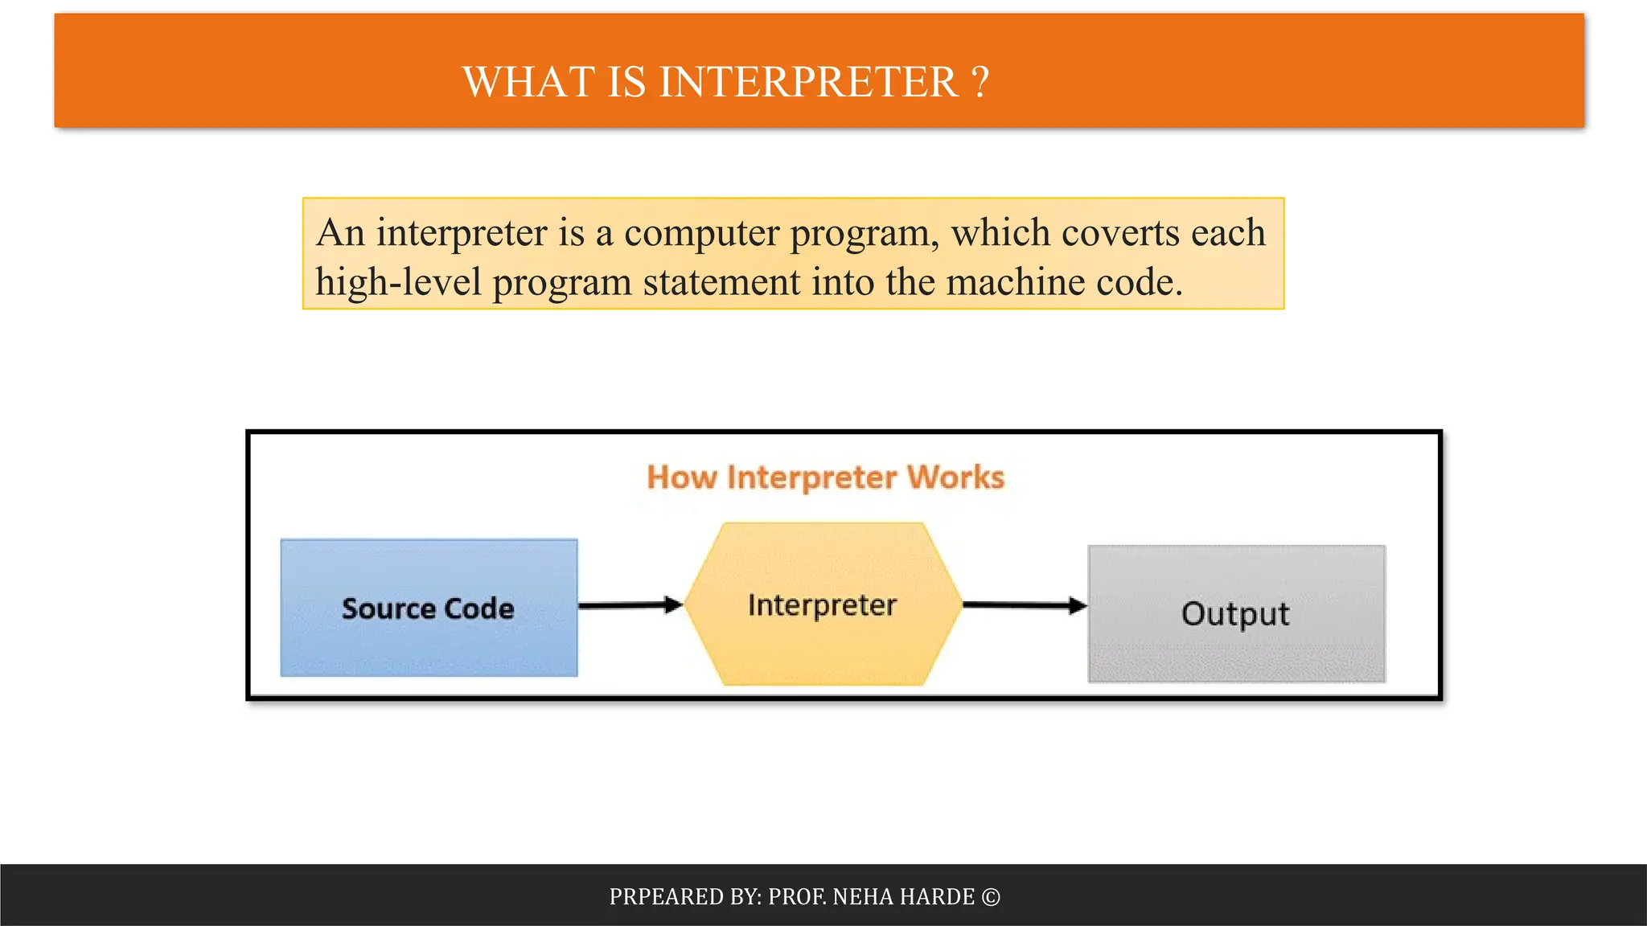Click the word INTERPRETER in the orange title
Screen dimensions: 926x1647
pos(808,82)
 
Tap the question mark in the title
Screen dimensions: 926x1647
pos(980,82)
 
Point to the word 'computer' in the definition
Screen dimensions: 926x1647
pos(701,233)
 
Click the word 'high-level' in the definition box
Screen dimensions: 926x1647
pos(398,283)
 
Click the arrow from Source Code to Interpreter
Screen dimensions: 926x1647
pos(630,605)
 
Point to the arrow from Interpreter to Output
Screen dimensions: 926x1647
pos(1024,605)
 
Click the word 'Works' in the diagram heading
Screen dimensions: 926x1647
pos(955,477)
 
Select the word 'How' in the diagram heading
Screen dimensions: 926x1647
pos(681,477)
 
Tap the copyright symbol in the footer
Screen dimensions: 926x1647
pos(991,897)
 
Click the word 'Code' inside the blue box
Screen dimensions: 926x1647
pos(479,608)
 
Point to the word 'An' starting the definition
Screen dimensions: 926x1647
pos(341,233)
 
